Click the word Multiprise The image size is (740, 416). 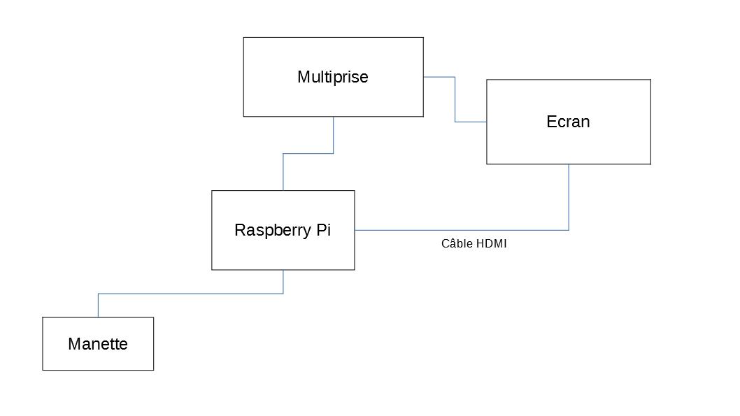tap(333, 77)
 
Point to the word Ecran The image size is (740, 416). tap(568, 122)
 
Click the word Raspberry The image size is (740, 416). tap(273, 231)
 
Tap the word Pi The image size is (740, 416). tap(324, 230)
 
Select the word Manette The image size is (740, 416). tap(98, 344)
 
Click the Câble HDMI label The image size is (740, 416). tap(474, 243)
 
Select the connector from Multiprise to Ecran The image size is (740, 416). tap(455, 99)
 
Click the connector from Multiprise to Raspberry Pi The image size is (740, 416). tap(308, 153)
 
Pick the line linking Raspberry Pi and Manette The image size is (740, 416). tap(191, 294)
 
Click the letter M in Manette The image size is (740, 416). tap(74, 344)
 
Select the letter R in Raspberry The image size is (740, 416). tap(240, 230)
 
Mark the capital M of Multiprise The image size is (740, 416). tap(303, 77)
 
